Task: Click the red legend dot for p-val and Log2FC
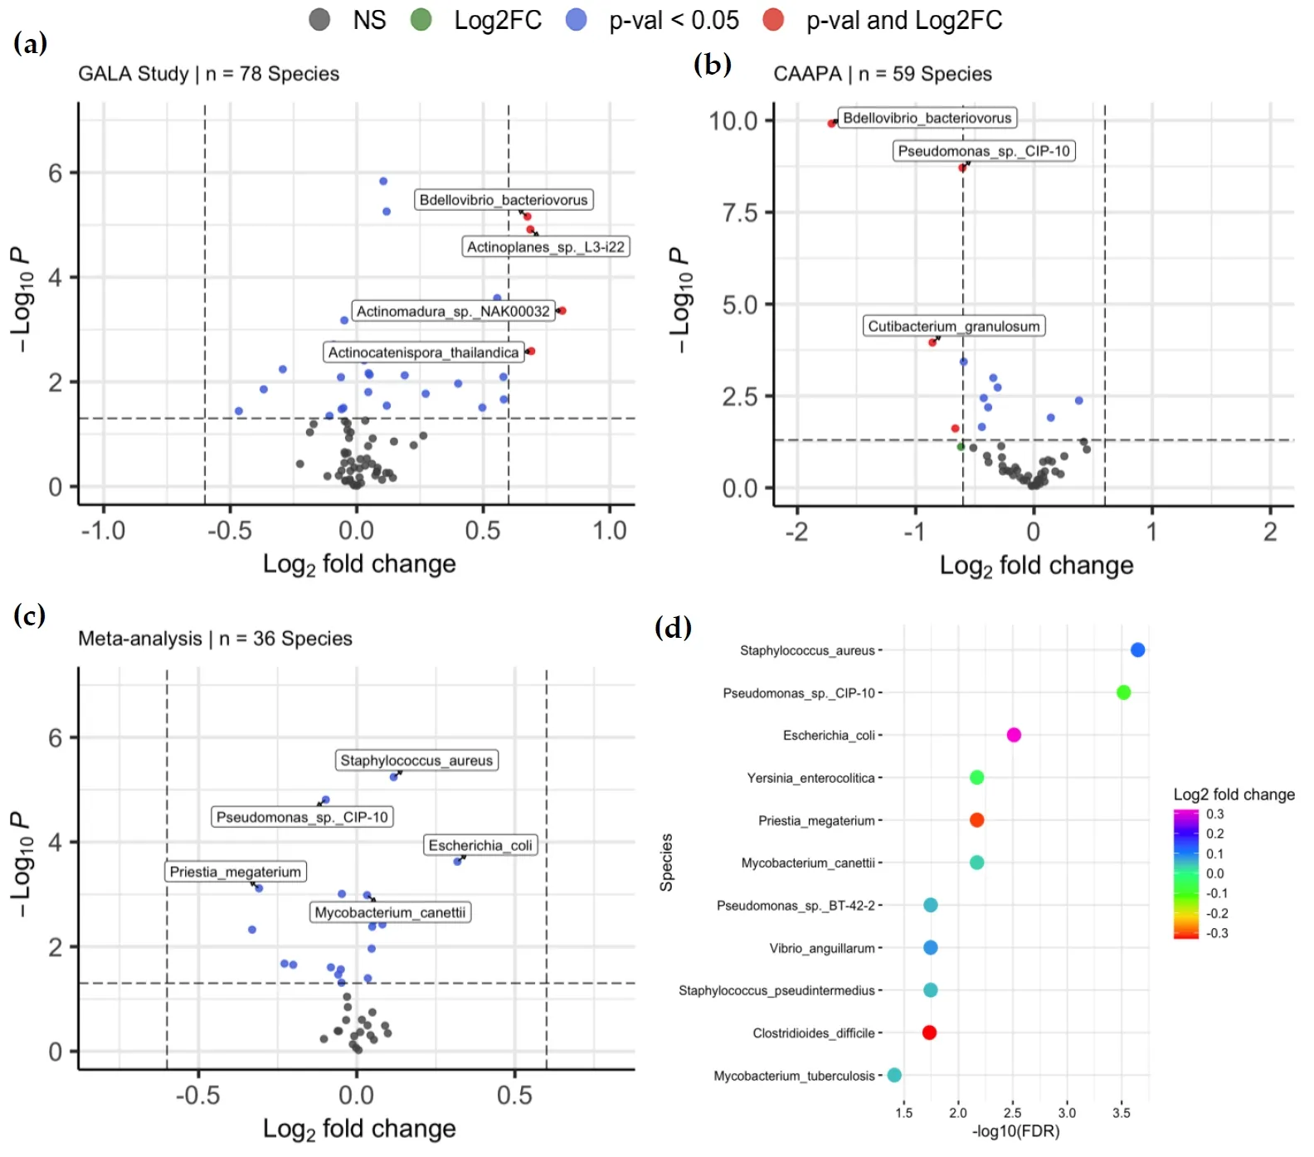773,20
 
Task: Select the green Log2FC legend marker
421,20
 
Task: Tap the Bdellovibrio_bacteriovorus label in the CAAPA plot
927,118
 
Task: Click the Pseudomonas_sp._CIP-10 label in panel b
984,151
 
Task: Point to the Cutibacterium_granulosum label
953,326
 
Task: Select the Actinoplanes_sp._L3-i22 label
545,246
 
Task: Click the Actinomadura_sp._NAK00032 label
453,311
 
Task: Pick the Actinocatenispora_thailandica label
423,352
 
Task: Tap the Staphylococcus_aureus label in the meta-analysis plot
416,761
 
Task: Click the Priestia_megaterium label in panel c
236,872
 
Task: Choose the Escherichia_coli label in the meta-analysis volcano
480,845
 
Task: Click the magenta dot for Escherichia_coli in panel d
1014,735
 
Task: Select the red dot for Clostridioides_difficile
929,1033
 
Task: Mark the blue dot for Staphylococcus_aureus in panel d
1138,650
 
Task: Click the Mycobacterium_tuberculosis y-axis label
794,1076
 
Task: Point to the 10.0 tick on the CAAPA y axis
733,121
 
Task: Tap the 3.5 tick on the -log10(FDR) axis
1122,1113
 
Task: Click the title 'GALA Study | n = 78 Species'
208,74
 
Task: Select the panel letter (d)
673,627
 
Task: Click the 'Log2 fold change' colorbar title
1234,795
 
